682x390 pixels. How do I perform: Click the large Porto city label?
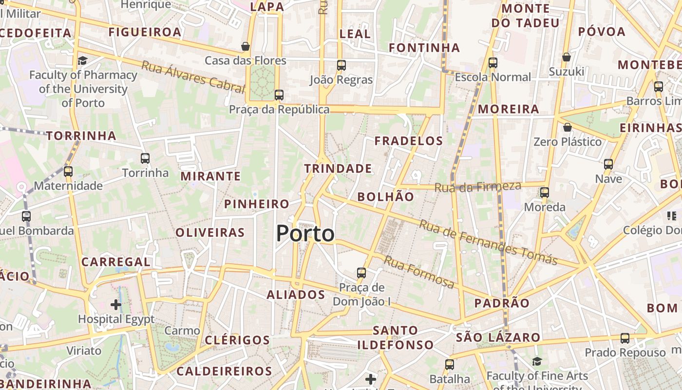pyautogui.click(x=305, y=234)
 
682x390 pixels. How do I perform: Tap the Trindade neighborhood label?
pyautogui.click(x=338, y=169)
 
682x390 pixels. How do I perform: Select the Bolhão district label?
pyautogui.click(x=385, y=197)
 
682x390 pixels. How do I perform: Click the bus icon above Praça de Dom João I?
pyautogui.click(x=361, y=273)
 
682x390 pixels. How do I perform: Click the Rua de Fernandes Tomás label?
pyautogui.click(x=488, y=242)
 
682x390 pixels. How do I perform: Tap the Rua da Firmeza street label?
pyautogui.click(x=477, y=186)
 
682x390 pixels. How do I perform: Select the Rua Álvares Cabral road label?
pyautogui.click(x=193, y=77)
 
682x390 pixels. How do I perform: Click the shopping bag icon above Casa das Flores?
pyautogui.click(x=246, y=46)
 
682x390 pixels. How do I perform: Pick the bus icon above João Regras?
pyautogui.click(x=341, y=65)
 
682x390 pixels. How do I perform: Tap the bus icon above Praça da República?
pyautogui.click(x=279, y=95)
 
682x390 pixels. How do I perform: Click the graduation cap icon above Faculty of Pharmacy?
pyautogui.click(x=82, y=60)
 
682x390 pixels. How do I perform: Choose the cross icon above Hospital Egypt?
pyautogui.click(x=115, y=305)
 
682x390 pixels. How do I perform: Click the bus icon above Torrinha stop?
pyautogui.click(x=145, y=158)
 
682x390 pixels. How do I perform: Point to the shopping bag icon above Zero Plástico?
pyautogui.click(x=567, y=127)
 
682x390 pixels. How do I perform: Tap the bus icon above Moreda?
pyautogui.click(x=544, y=192)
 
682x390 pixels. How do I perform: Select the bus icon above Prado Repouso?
pyautogui.click(x=625, y=338)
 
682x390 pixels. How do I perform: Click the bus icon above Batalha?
pyautogui.click(x=449, y=364)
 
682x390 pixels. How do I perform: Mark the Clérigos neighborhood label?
pyautogui.click(x=237, y=340)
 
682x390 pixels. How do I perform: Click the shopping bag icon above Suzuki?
pyautogui.click(x=566, y=57)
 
